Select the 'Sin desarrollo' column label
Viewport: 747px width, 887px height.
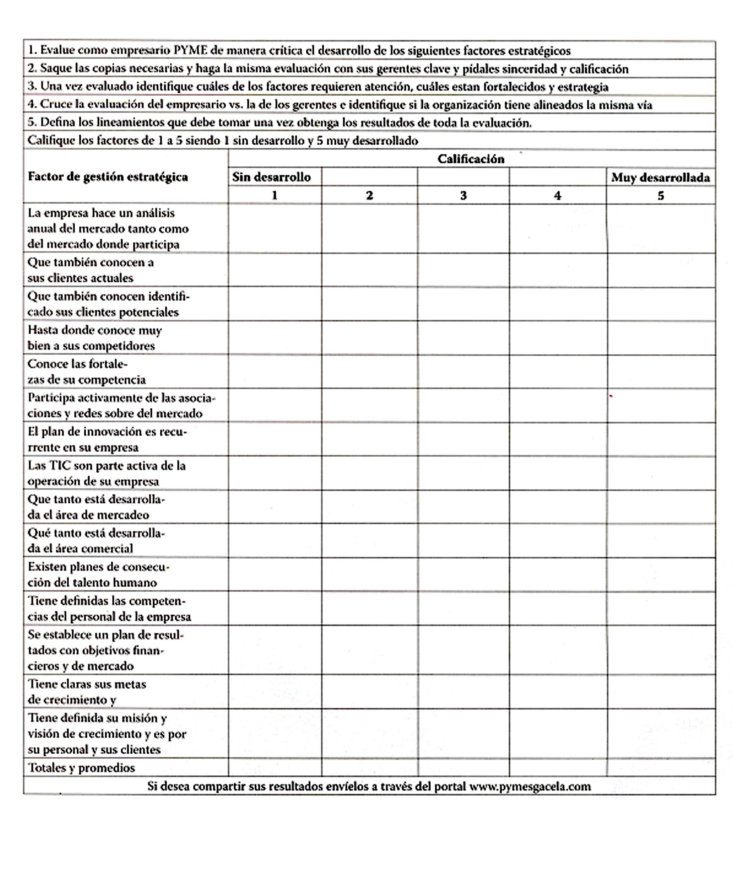pyautogui.click(x=271, y=177)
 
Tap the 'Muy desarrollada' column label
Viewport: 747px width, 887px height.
pyautogui.click(x=660, y=178)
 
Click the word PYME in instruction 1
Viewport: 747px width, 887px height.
pyautogui.click(x=190, y=51)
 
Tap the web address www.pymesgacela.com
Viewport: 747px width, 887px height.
pyautogui.click(x=530, y=787)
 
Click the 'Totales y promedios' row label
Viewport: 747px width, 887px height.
pyautogui.click(x=81, y=768)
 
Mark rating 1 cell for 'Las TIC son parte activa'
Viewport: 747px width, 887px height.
pyautogui.click(x=275, y=473)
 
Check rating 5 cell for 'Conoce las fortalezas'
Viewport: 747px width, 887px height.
pyautogui.click(x=661, y=372)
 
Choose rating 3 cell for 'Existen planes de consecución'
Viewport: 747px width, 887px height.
pyautogui.click(x=463, y=575)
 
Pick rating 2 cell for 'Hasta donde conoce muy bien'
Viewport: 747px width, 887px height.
pyautogui.click(x=369, y=338)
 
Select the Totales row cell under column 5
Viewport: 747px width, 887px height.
pyautogui.click(x=661, y=768)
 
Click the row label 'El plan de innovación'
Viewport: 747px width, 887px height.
pyautogui.click(x=107, y=439)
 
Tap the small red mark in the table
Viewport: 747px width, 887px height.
pyautogui.click(x=611, y=397)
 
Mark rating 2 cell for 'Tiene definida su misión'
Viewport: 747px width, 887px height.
pyautogui.click(x=369, y=734)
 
